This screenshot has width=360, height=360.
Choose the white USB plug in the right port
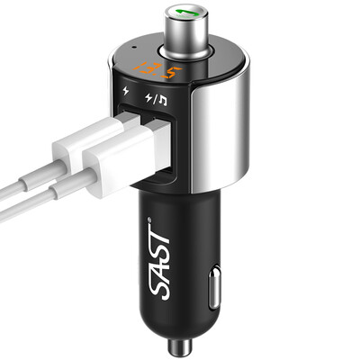pyautogui.click(x=126, y=162)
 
